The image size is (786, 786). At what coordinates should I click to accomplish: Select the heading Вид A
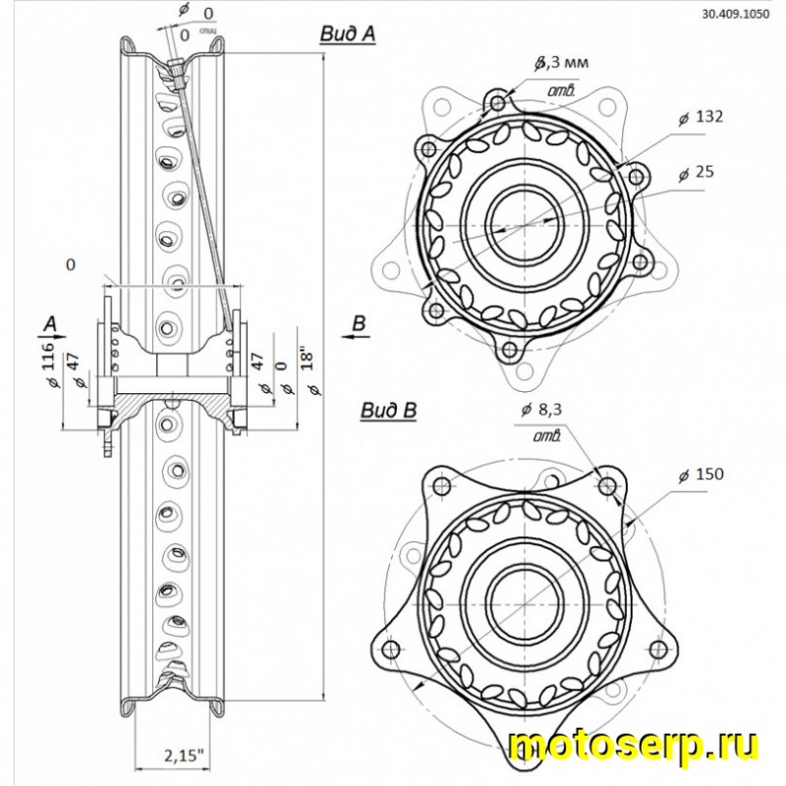point(348,33)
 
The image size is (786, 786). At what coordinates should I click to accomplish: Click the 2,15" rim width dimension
point(178,756)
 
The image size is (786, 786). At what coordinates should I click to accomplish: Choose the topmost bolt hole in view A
point(498,102)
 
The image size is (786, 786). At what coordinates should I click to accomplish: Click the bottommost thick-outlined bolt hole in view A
point(509,349)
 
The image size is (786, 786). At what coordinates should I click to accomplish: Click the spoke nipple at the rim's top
point(175,70)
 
